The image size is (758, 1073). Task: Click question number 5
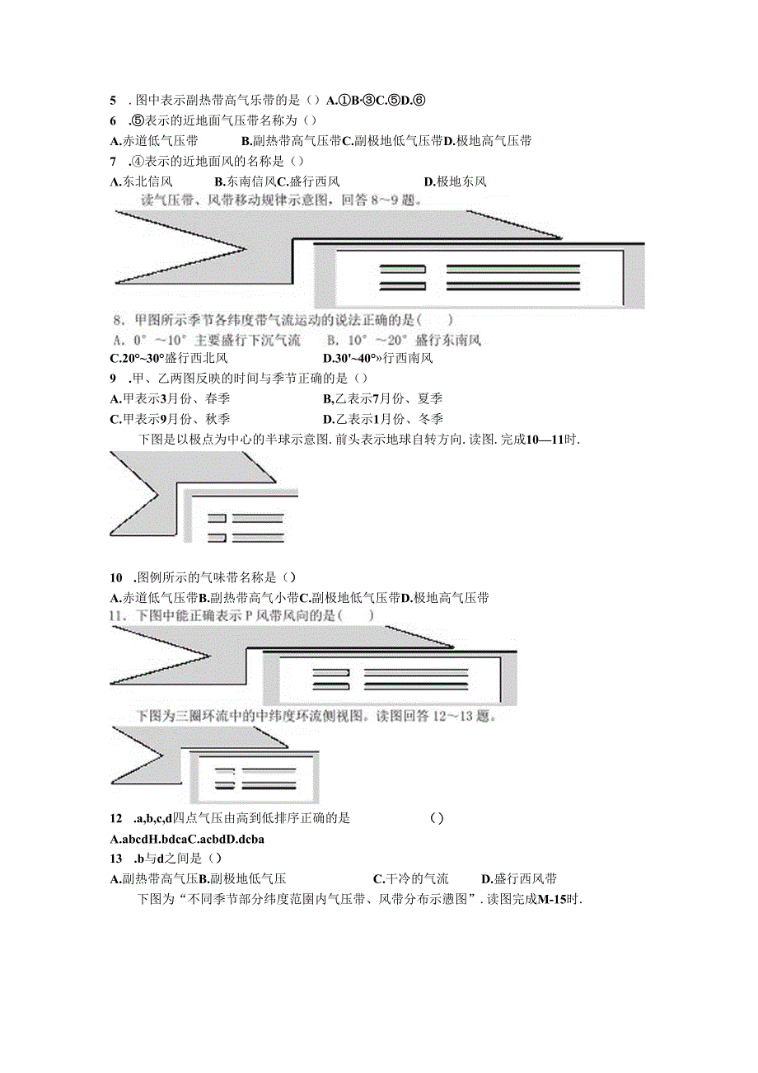(x=113, y=101)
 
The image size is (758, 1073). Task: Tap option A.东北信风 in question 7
(x=142, y=181)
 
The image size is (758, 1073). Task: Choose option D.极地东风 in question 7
(x=455, y=181)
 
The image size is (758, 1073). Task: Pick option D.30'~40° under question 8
(x=379, y=358)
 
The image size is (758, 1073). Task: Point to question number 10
(x=116, y=577)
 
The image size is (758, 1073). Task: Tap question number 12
(x=116, y=818)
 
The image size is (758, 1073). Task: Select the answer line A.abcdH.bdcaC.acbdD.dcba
(x=187, y=839)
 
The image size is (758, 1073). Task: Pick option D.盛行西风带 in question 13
(x=519, y=879)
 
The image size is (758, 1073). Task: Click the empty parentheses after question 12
(x=437, y=818)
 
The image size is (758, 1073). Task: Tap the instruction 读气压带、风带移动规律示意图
(x=280, y=200)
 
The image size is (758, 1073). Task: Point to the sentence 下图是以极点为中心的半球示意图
(x=358, y=440)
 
